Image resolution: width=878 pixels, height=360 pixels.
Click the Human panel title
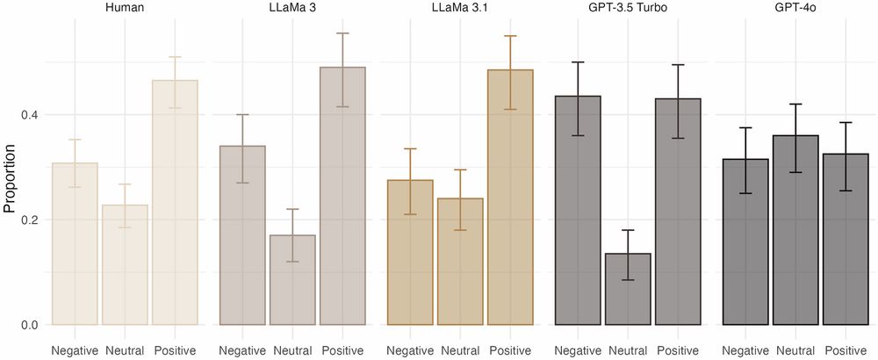(x=125, y=8)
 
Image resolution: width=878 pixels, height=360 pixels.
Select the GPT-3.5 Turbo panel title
(x=627, y=8)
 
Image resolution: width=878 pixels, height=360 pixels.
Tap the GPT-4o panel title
(x=794, y=8)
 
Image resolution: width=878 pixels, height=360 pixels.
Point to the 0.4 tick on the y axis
(x=29, y=115)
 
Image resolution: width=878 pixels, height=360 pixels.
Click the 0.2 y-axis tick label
(x=29, y=220)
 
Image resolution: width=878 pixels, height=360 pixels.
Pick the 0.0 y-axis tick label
(x=29, y=325)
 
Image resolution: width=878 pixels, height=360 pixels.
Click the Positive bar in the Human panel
(x=175, y=203)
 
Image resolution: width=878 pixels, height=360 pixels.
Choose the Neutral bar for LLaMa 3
(x=292, y=280)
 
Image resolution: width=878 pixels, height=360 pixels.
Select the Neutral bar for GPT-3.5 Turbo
(x=627, y=289)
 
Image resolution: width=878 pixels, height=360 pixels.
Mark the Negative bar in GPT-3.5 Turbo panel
(x=577, y=211)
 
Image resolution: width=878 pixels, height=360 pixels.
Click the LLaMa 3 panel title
(x=292, y=8)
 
